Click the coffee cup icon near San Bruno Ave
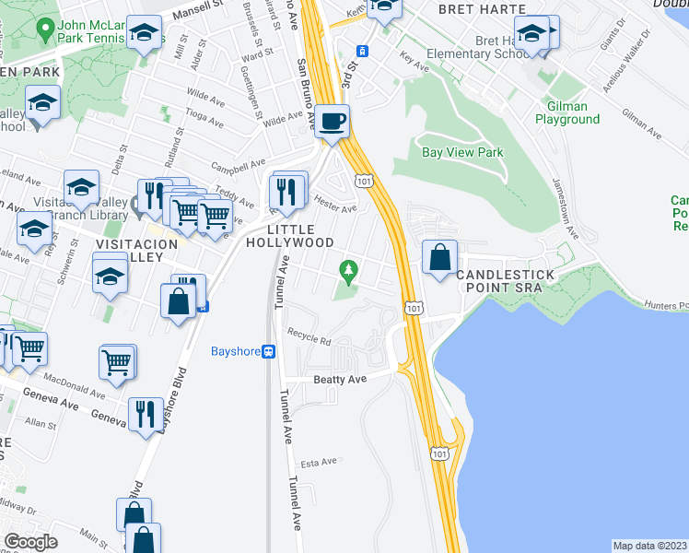(333, 120)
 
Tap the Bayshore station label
(236, 351)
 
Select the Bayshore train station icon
(269, 351)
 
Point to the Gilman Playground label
(567, 113)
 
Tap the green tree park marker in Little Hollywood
(347, 270)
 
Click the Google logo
(30, 542)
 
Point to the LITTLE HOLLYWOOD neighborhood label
(291, 236)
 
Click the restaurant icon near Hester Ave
(287, 191)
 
